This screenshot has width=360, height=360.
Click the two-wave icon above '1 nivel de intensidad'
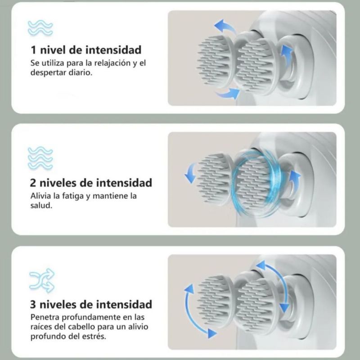pos(40,28)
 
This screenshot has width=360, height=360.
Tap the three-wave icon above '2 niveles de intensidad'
pos(40,158)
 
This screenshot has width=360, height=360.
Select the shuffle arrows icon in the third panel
pos(42,280)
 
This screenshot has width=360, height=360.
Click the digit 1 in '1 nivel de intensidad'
pos(33,50)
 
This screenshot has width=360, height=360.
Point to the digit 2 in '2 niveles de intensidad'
pos(33,183)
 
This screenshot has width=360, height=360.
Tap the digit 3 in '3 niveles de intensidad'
pos(33,305)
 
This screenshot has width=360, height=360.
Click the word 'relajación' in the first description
pos(112,63)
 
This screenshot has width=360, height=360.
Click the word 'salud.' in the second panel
pos(41,206)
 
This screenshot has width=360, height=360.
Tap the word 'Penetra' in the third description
pos(45,317)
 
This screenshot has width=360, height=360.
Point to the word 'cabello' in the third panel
pos(81,327)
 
